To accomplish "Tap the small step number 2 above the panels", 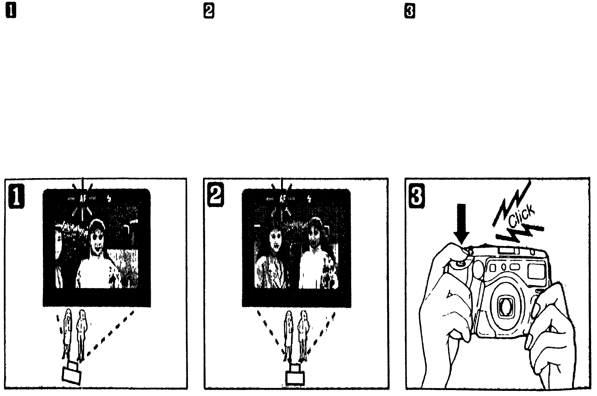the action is click(x=209, y=13).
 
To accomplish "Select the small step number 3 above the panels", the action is click(x=410, y=13).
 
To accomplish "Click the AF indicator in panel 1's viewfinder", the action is click(x=82, y=198).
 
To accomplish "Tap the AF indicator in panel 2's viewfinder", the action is click(x=282, y=198).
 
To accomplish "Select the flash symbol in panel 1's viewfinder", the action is click(x=109, y=199).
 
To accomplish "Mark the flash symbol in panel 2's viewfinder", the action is click(x=309, y=198).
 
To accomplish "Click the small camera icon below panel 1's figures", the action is click(x=72, y=373).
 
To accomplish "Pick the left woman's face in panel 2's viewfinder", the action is click(x=275, y=240).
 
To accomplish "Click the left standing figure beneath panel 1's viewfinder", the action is click(x=67, y=331).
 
